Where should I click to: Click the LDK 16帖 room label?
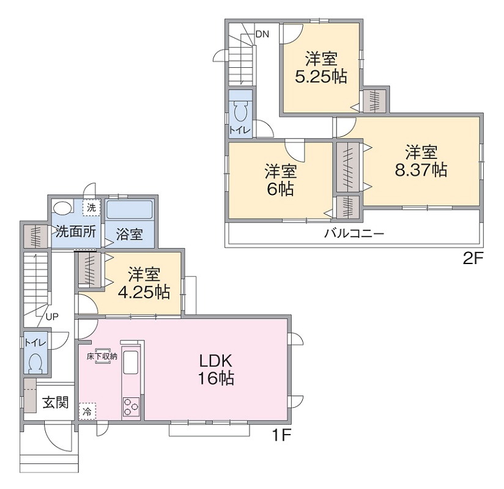pyautogui.click(x=216, y=369)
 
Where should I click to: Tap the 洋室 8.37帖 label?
pyautogui.click(x=421, y=161)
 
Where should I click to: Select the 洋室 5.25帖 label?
pyautogui.click(x=321, y=68)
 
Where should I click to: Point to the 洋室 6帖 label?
pyautogui.click(x=281, y=180)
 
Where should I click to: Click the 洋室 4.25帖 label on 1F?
pyautogui.click(x=144, y=283)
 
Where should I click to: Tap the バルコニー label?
pyautogui.click(x=354, y=233)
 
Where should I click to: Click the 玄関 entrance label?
pyautogui.click(x=56, y=402)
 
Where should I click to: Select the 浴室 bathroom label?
pyautogui.click(x=129, y=234)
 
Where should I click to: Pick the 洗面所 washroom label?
pyautogui.click(x=76, y=231)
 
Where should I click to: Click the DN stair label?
pyautogui.click(x=262, y=34)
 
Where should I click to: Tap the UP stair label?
pyautogui.click(x=52, y=317)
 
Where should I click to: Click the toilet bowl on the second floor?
pyautogui.click(x=240, y=112)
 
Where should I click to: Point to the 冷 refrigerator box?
pyautogui.click(x=87, y=411)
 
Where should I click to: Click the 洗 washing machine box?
pyautogui.click(x=92, y=208)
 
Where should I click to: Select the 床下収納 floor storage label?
pyautogui.click(x=102, y=356)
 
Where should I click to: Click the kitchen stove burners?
pyautogui.click(x=131, y=407)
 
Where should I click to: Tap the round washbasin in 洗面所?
pyautogui.click(x=62, y=207)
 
